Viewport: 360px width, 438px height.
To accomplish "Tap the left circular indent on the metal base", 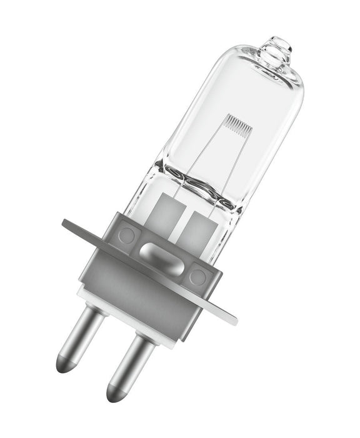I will pos(127,236).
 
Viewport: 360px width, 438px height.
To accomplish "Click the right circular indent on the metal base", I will pos(198,275).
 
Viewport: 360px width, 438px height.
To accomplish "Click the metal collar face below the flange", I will pos(150,294).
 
